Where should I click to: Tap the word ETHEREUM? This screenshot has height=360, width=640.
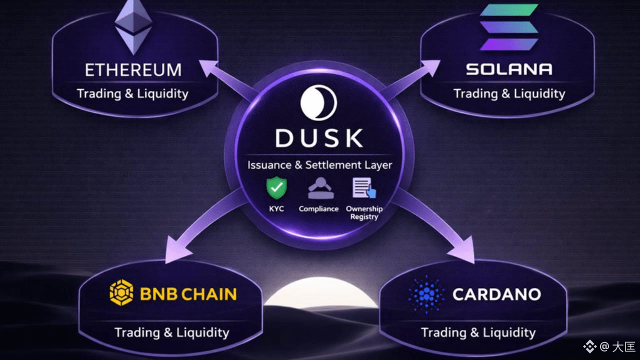tap(133, 70)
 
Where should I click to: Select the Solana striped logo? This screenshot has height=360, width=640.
tap(509, 27)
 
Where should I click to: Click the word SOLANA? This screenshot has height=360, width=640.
tap(509, 69)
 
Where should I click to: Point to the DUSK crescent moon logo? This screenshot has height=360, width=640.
tap(318, 102)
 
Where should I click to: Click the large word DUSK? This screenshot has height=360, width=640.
tap(319, 138)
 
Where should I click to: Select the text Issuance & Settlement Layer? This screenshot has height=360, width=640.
tap(319, 165)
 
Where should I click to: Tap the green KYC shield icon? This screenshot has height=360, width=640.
tap(276, 188)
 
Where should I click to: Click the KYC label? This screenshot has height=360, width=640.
tap(276, 208)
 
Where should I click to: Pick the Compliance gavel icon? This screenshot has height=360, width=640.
tap(318, 189)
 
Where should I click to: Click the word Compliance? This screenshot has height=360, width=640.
tap(318, 208)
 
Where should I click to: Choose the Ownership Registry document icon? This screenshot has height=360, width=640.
tap(364, 188)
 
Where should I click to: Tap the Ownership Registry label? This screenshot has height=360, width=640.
tap(364, 212)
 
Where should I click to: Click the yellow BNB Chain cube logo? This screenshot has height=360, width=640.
tap(121, 293)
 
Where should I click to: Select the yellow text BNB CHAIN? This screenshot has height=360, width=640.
tap(188, 294)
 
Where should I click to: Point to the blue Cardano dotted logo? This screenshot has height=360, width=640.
tap(426, 294)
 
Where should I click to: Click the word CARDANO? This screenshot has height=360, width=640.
tap(496, 294)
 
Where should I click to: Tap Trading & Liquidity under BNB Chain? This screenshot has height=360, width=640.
tap(171, 332)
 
